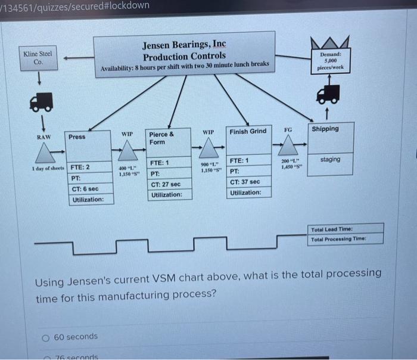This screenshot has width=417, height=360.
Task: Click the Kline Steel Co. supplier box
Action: coord(38,58)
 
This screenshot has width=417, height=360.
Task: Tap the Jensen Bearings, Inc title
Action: coord(184,45)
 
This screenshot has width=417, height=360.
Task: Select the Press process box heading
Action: coord(77,137)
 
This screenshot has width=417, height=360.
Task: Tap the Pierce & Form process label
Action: coord(161,138)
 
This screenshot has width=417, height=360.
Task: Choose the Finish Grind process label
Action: coord(247,131)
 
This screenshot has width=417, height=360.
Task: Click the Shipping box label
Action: coord(325,129)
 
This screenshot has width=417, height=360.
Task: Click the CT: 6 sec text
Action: coord(85,189)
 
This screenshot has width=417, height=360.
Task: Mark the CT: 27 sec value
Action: coord(166,184)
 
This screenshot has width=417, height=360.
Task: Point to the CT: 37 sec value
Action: coord(245,182)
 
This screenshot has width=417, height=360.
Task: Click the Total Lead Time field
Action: coord(346,229)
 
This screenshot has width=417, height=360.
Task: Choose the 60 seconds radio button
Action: coord(46,337)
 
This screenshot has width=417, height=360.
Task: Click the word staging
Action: coord(330,159)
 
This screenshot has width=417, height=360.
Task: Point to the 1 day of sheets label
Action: coord(48,169)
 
